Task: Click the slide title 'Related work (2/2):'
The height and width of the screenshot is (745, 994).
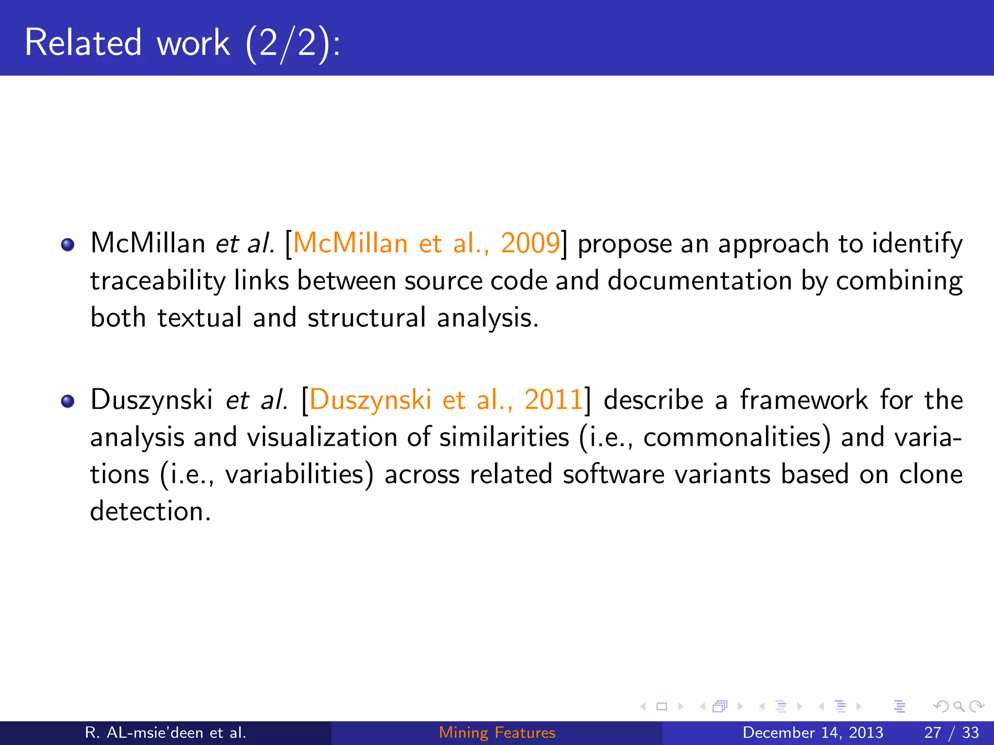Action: click(x=182, y=43)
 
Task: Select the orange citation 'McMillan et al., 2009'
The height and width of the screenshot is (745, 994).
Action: click(x=427, y=243)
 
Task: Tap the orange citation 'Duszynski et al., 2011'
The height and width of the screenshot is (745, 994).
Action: click(x=446, y=400)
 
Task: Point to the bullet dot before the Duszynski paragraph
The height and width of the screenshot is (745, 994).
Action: click(x=67, y=401)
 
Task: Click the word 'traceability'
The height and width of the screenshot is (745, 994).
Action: click(x=158, y=281)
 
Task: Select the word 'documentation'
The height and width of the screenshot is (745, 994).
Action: click(x=700, y=281)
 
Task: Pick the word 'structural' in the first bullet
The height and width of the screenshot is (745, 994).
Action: click(x=366, y=318)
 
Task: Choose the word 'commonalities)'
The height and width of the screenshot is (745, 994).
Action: click(x=737, y=437)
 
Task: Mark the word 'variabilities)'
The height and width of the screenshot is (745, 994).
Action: click(x=299, y=474)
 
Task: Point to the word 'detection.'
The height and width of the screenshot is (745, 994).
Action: click(x=150, y=511)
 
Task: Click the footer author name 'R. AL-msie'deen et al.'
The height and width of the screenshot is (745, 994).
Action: click(x=166, y=732)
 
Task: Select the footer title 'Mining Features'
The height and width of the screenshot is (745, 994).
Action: click(x=497, y=732)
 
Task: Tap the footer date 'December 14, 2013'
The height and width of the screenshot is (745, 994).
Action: click(x=812, y=732)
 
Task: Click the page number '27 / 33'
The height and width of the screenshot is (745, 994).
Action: click(x=951, y=732)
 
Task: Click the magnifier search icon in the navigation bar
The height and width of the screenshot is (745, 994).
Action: click(x=959, y=706)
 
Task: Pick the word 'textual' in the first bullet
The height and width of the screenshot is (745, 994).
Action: click(x=199, y=318)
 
